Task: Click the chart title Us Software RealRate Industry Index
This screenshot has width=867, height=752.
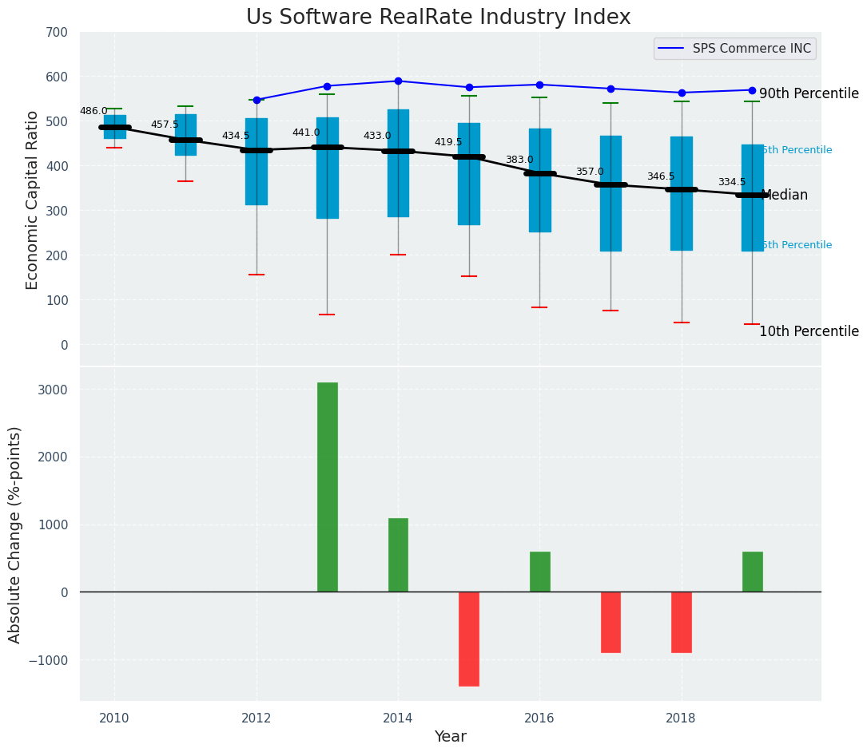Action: (438, 18)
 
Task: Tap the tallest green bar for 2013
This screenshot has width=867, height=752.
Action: (327, 487)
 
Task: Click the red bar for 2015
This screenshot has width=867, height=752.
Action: (469, 639)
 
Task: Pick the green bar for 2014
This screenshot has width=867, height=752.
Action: (398, 555)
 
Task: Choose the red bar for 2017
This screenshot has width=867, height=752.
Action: (610, 622)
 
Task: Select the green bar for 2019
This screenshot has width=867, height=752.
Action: (752, 572)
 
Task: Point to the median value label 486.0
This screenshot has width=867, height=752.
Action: (93, 111)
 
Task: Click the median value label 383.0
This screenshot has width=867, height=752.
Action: (519, 160)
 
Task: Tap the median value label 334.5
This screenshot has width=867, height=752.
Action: (731, 182)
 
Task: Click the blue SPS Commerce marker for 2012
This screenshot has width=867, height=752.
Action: (257, 100)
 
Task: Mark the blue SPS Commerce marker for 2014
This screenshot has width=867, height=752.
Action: (398, 81)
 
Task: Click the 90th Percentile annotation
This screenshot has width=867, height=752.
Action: (809, 93)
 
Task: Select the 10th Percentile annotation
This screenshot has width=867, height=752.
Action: (809, 331)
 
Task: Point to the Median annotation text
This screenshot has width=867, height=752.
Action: (785, 195)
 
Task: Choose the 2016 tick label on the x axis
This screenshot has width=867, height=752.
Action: (539, 718)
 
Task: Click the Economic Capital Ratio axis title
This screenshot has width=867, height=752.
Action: (33, 200)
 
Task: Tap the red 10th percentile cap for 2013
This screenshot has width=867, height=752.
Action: (327, 315)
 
